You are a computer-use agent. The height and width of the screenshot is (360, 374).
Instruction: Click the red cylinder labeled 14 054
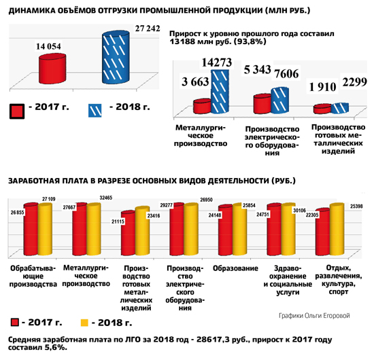(52, 69)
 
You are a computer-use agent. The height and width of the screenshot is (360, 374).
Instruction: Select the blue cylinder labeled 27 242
(116, 57)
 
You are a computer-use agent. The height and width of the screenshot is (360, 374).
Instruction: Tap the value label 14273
(216, 62)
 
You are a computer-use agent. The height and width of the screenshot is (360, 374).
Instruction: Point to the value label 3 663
(195, 82)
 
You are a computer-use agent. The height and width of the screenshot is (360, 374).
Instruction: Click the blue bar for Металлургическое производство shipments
(220, 91)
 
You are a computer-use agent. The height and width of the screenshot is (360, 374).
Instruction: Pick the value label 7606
(286, 73)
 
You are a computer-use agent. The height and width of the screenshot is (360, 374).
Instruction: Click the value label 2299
(355, 82)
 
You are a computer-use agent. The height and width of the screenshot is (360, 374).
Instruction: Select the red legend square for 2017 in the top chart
(17, 111)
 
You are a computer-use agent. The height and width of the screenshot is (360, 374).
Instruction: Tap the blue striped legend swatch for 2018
(95, 110)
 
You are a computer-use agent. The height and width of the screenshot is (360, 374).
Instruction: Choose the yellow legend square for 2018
(84, 323)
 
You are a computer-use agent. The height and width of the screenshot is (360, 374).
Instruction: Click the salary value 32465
(106, 198)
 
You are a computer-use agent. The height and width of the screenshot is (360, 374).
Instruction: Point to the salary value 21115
(118, 221)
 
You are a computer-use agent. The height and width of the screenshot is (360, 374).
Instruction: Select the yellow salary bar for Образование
(240, 229)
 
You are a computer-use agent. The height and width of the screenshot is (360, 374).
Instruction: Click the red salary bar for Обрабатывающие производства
(31, 229)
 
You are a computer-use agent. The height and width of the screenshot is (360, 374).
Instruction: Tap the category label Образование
(235, 268)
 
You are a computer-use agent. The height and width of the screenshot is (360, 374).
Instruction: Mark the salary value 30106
(299, 211)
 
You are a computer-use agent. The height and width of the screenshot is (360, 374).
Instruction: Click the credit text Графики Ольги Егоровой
(314, 316)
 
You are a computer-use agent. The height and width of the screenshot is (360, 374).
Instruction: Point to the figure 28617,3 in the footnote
(211, 340)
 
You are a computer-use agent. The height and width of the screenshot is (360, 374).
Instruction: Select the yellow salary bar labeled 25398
(337, 230)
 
